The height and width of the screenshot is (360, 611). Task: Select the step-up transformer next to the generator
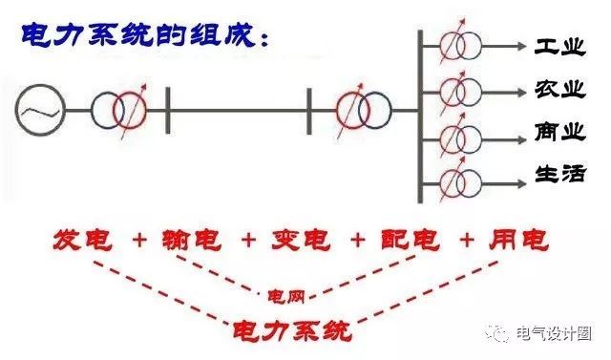(x=119, y=108)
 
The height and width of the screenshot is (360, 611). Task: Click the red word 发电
(x=81, y=239)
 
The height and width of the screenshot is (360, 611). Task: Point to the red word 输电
(x=190, y=239)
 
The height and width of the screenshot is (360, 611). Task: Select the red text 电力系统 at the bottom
(x=292, y=330)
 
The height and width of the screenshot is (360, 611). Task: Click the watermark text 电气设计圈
(x=554, y=334)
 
